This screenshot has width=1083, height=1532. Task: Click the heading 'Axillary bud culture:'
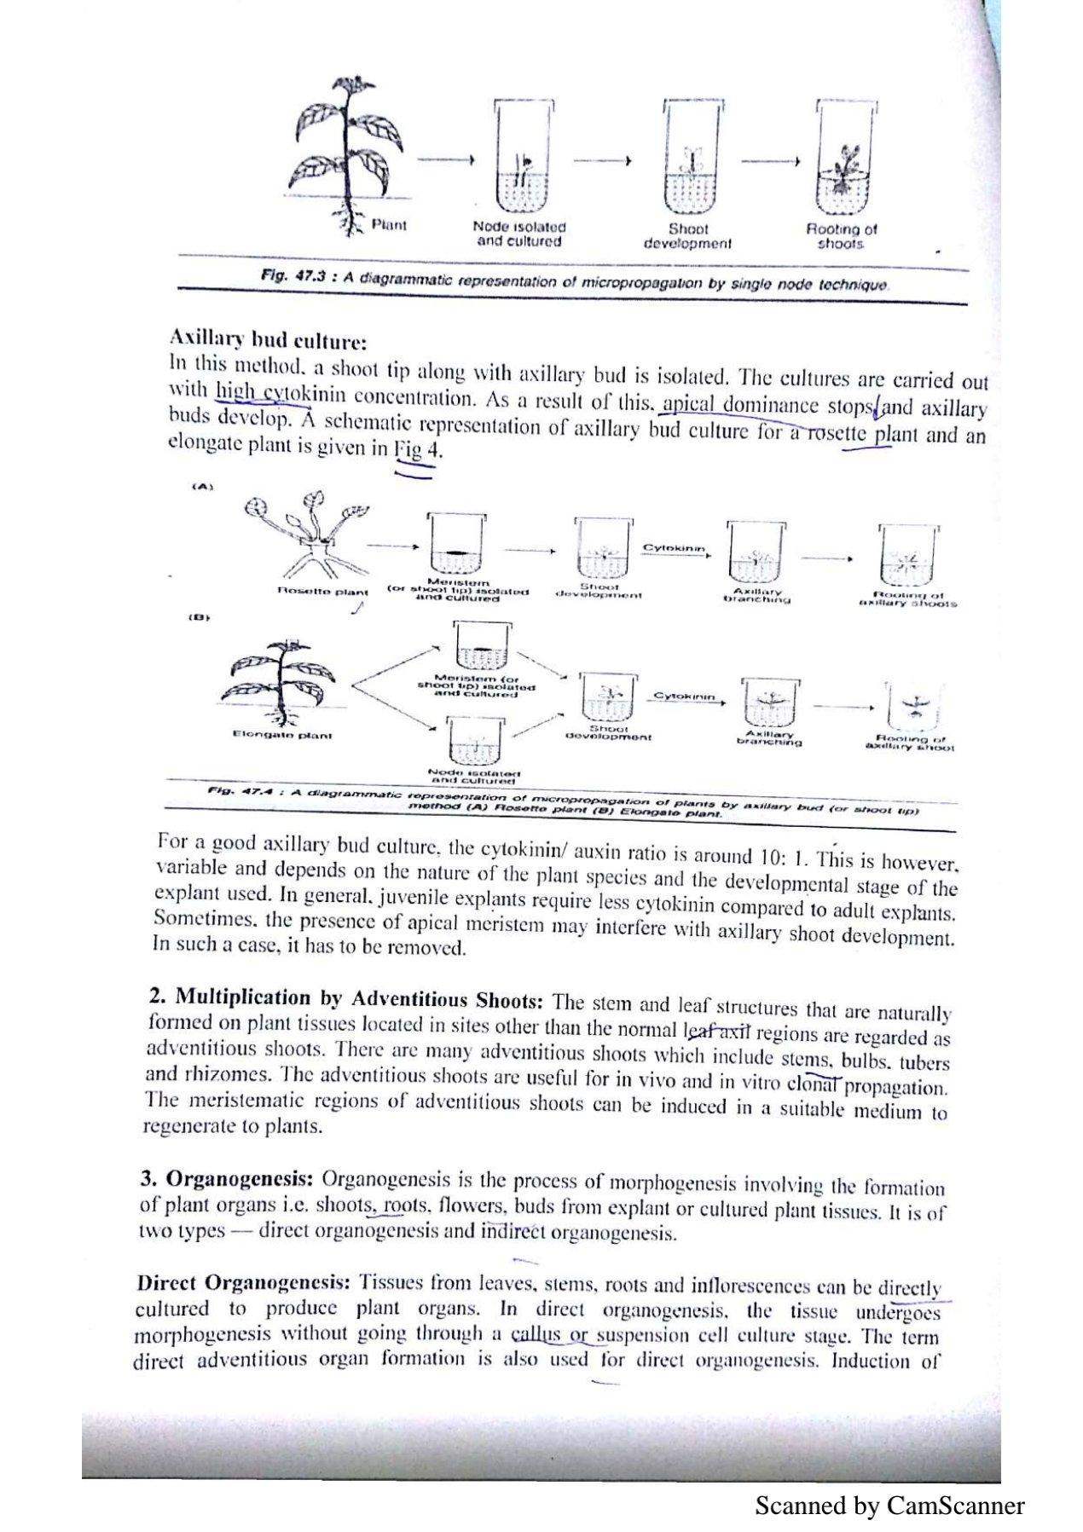pos(269,340)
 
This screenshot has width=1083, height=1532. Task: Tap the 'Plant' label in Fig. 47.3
pos(389,225)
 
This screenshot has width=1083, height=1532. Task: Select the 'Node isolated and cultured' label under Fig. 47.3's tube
pos(519,234)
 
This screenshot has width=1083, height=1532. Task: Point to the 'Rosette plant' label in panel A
pos(323,591)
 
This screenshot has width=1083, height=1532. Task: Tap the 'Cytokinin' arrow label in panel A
pos(674,547)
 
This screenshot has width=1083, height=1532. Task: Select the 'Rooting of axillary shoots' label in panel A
pos(908,598)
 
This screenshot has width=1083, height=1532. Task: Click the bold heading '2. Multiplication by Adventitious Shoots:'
pos(345,998)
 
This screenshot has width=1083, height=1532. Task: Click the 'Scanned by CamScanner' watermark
pos(889,1505)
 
